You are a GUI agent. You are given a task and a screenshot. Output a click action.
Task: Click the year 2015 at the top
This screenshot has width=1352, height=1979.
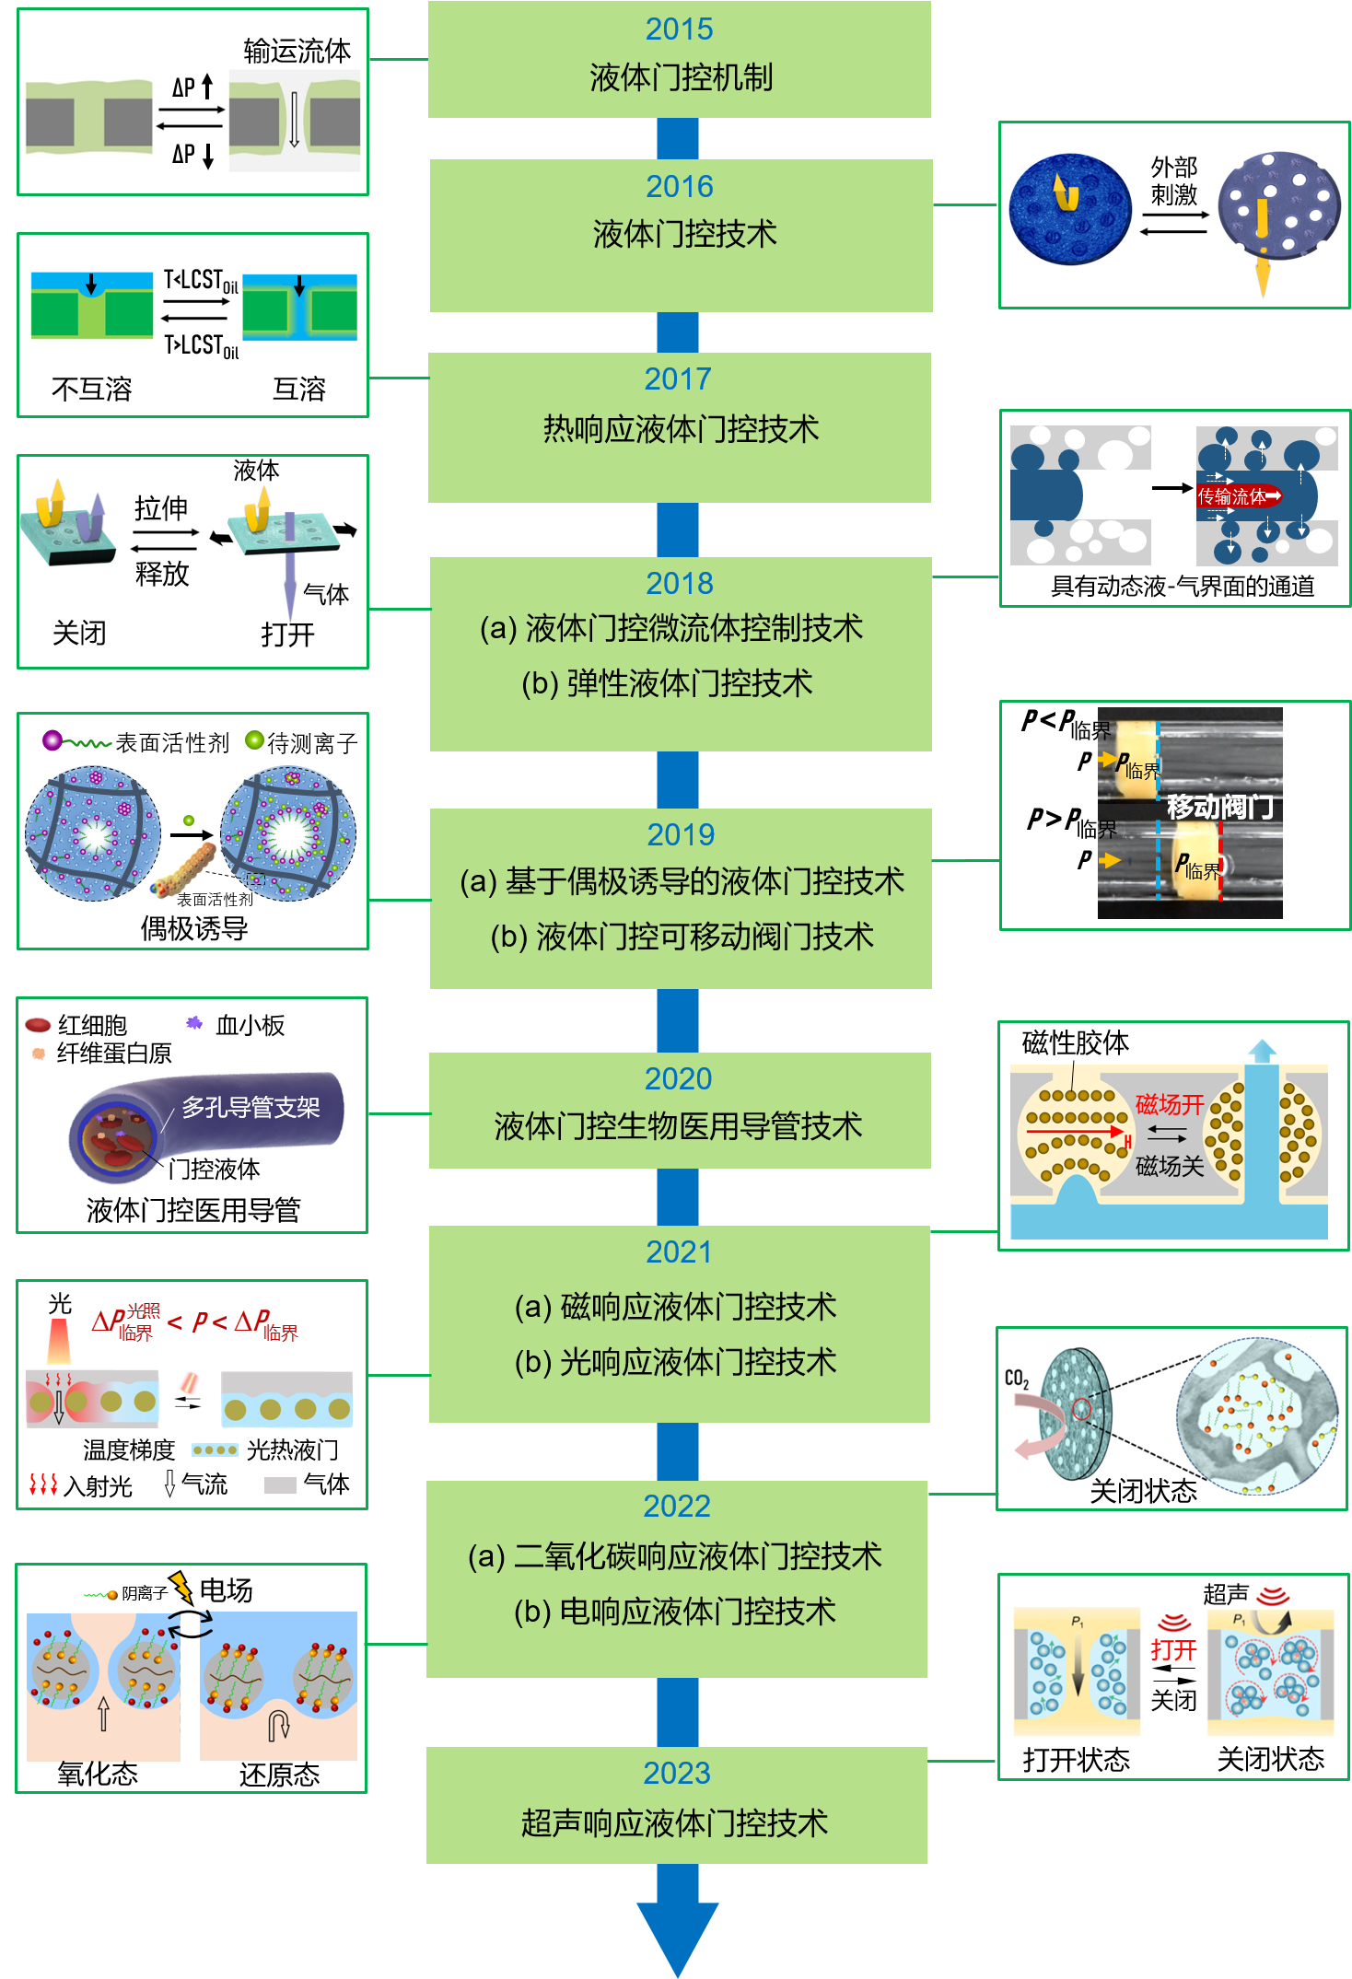tap(679, 29)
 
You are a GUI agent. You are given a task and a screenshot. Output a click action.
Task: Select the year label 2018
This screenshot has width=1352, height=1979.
tap(679, 583)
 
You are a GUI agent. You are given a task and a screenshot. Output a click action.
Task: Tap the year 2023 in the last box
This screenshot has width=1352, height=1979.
tap(677, 1773)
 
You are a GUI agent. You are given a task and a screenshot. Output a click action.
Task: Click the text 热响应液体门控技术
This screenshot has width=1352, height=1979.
tap(680, 429)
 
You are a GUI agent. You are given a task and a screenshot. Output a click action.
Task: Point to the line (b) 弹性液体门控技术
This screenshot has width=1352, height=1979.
tap(667, 683)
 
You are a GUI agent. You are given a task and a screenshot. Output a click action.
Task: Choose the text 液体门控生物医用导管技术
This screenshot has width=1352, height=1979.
tap(678, 1125)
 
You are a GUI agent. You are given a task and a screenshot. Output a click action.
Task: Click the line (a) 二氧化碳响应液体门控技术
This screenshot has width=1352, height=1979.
tap(675, 1555)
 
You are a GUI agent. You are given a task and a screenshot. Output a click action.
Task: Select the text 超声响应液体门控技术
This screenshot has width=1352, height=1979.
tap(675, 1822)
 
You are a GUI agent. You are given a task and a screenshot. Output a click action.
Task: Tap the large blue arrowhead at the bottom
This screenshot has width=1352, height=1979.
tap(678, 1934)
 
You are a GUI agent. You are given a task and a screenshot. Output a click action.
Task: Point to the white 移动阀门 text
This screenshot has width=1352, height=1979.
tap(1220, 807)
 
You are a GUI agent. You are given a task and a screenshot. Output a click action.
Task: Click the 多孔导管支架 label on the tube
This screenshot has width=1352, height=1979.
tap(251, 1107)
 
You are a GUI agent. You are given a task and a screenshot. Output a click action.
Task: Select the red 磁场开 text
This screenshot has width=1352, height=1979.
tap(1170, 1104)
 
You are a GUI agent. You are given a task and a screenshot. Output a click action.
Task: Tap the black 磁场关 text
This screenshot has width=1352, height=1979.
tap(1170, 1166)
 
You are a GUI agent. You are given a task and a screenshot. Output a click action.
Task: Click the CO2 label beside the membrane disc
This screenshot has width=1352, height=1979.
tap(1017, 1379)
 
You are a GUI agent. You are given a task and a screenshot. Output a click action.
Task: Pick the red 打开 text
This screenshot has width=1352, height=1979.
tap(1173, 1649)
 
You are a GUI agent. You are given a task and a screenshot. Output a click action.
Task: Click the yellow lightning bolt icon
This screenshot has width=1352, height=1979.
tap(181, 1586)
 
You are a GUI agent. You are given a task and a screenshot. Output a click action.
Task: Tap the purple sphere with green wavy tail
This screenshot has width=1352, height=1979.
tap(52, 739)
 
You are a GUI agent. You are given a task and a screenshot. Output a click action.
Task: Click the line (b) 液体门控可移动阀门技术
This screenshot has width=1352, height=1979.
tap(682, 937)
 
